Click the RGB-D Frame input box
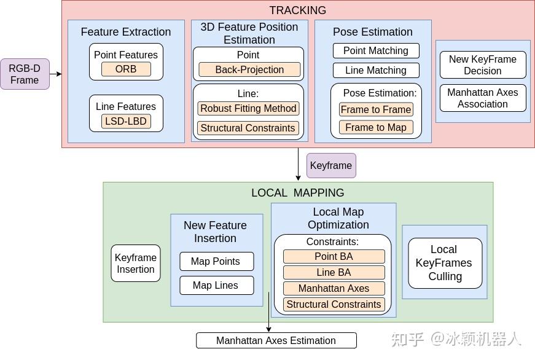25,74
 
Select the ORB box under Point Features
126,69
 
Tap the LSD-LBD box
126,121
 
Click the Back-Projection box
249,69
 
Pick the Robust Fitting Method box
248,109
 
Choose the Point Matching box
376,51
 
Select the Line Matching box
376,70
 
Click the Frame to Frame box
376,109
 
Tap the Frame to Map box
376,127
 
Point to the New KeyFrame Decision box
483,65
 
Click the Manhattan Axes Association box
483,98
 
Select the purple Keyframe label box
331,165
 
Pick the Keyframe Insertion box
136,264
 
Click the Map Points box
216,261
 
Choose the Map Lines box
216,285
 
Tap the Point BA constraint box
334,257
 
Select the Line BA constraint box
334,272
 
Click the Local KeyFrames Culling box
445,263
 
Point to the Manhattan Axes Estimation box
276,340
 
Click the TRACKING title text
298,10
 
